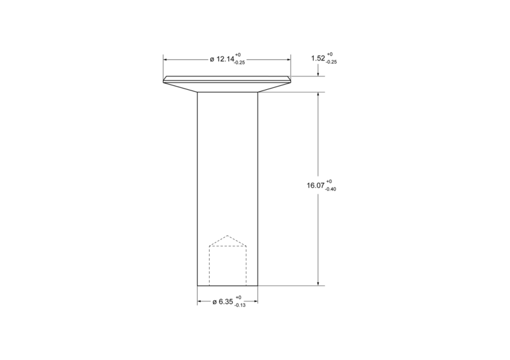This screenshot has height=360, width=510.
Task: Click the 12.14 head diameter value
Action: (225, 59)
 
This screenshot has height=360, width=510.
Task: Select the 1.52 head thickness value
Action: (317, 58)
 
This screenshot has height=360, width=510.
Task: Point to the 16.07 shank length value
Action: (316, 185)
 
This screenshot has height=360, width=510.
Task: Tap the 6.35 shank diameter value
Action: (226, 302)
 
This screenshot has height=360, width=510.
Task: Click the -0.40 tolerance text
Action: (330, 189)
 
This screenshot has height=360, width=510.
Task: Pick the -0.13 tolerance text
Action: (240, 305)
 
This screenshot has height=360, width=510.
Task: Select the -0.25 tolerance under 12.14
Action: (240, 63)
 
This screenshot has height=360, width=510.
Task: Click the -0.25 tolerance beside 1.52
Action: (331, 62)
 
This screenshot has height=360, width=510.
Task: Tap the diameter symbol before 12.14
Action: (212, 59)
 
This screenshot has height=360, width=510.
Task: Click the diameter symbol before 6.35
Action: (215, 302)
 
